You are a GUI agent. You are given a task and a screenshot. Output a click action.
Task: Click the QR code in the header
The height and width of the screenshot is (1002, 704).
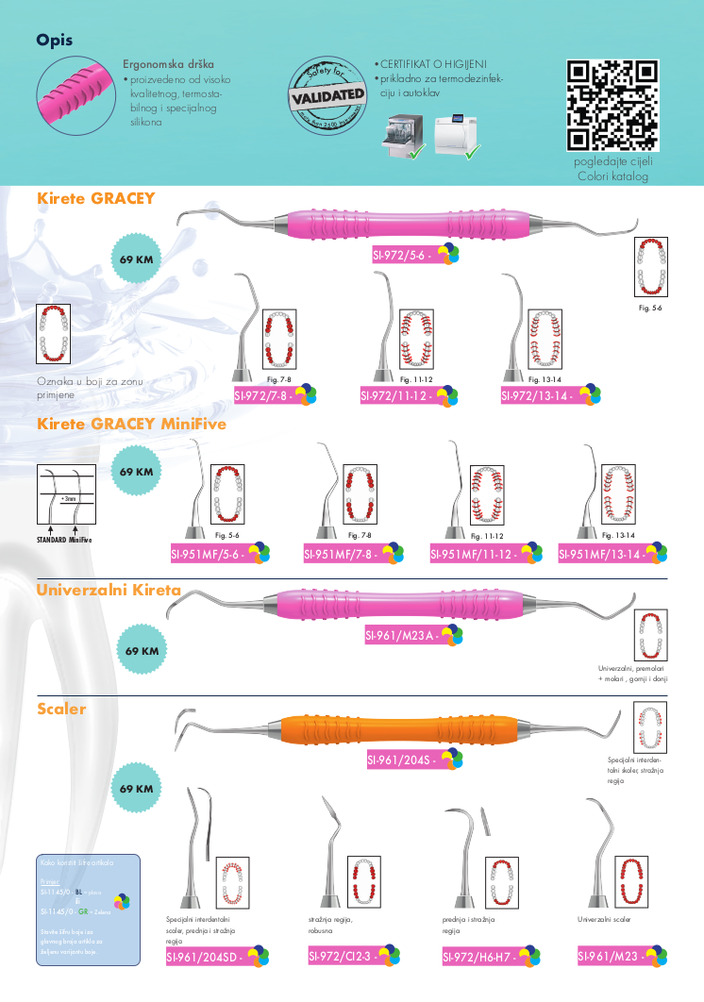point(612,105)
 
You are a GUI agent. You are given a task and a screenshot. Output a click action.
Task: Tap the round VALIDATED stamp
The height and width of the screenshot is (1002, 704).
point(327,94)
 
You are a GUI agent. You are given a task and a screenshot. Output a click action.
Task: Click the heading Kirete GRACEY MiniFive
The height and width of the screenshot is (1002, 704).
point(131,425)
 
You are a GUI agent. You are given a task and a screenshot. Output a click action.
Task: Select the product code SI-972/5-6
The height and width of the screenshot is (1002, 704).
point(404,256)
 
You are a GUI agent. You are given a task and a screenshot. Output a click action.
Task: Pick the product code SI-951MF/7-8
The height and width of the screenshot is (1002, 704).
point(339,555)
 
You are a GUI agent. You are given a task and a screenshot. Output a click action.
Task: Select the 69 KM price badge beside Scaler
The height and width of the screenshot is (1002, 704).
point(138,788)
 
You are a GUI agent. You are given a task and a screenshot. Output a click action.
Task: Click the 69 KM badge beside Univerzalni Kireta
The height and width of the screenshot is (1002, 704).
point(142,651)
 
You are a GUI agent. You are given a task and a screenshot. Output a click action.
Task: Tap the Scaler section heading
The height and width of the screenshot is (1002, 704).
point(61,709)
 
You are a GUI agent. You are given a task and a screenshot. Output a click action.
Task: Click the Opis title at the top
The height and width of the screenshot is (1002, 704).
point(54,40)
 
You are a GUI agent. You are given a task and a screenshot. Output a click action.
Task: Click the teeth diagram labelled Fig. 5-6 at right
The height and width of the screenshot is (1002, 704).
point(650,268)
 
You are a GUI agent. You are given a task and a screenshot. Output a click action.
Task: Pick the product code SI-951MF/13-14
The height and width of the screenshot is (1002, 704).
point(598,555)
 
